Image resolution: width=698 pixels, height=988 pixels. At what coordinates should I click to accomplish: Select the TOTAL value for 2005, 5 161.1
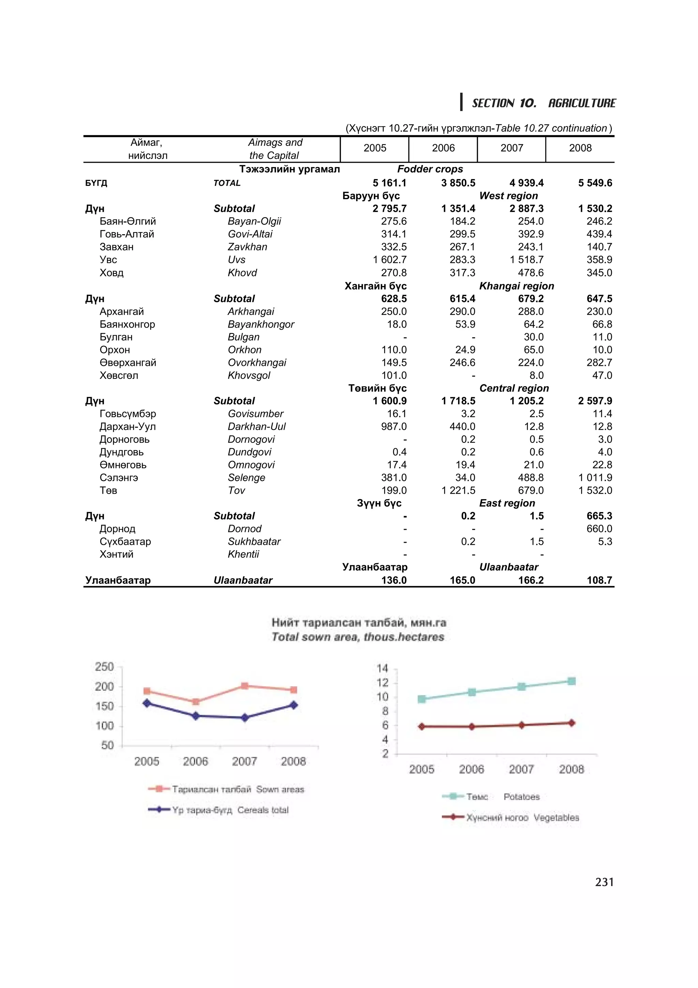coord(389,183)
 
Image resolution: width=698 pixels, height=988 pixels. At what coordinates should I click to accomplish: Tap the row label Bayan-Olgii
coord(254,221)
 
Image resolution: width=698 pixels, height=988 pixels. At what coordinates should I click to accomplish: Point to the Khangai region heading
coord(516,286)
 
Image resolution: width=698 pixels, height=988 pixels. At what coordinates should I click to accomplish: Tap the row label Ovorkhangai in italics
coord(257,363)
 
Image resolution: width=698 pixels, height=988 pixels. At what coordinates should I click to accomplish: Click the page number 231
coord(604,882)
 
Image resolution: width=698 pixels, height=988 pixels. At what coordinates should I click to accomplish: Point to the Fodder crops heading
coord(430,169)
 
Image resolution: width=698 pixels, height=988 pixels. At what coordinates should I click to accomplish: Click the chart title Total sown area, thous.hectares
coord(358,637)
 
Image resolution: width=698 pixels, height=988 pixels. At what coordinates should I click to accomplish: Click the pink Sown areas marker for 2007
coord(244,686)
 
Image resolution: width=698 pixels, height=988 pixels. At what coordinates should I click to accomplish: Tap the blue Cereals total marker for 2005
coord(147,703)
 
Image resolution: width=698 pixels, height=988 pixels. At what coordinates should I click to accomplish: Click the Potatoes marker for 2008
coord(571,681)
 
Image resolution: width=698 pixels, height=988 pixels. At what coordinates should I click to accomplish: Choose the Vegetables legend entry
coord(522,818)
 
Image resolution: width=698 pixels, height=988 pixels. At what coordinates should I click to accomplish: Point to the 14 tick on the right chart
coord(382,668)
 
